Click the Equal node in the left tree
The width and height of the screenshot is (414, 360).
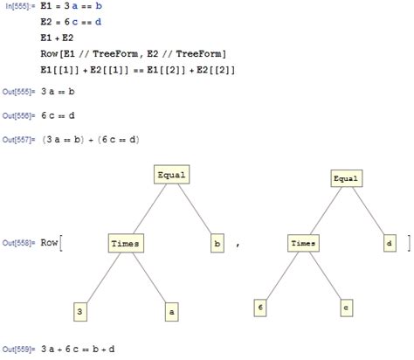pos(172,175)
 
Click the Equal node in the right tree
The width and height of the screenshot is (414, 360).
pos(345,178)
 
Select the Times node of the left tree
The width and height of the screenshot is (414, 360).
pos(127,242)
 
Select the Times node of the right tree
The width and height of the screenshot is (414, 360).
pos(302,242)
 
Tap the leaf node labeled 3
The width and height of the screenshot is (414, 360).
pos(80,309)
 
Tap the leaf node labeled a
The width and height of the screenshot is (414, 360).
pos(172,309)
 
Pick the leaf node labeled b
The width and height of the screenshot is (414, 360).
pos(217,242)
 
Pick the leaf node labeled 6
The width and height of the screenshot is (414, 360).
pos(259,307)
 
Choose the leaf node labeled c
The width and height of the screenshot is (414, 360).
pos(346,307)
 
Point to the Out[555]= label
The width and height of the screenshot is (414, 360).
pos(19,95)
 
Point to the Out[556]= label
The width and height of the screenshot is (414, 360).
pos(19,116)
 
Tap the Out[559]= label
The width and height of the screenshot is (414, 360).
pos(19,350)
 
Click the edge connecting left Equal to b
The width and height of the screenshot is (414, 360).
pos(195,209)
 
